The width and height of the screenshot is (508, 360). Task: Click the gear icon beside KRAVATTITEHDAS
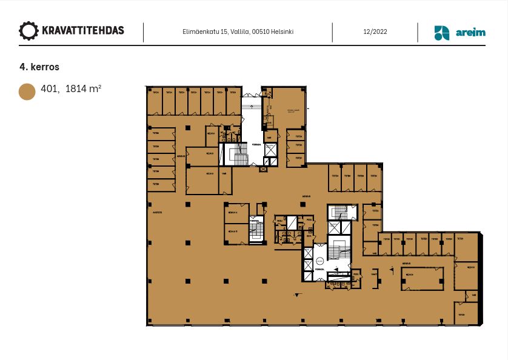tap(28, 31)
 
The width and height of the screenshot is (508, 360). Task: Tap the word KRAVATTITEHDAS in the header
tap(82, 31)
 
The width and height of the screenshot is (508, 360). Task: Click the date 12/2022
tap(375, 32)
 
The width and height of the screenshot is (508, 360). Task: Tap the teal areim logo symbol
tap(442, 33)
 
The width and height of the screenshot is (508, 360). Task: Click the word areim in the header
tap(470, 33)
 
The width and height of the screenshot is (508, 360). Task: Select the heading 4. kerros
tap(39, 67)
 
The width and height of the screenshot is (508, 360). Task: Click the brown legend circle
tap(27, 92)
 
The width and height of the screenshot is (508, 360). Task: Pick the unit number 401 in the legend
tap(50, 89)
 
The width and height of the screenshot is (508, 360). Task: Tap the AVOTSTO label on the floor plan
tap(158, 213)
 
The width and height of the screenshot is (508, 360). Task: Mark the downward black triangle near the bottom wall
tap(296, 295)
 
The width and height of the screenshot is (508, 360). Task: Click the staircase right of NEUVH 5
tap(257, 230)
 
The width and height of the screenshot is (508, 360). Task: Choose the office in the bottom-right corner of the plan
tap(466, 314)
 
